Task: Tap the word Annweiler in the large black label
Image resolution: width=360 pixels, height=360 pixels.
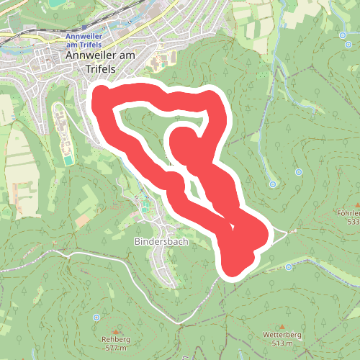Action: pos(88,55)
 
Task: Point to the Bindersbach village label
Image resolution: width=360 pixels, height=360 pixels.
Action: pos(161,242)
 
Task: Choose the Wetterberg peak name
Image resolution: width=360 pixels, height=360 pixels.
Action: pos(282,335)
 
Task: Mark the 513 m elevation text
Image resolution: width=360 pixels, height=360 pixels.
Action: pos(282,343)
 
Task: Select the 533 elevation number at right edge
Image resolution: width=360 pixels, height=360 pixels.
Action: pos(353,222)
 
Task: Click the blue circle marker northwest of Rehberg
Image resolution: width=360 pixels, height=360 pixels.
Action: pos(96,317)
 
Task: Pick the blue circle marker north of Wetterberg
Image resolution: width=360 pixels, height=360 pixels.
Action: pos(289,267)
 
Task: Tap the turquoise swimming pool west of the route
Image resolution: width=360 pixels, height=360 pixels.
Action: pos(68,159)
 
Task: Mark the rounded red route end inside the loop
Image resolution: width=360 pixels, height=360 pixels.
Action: pos(183,140)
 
